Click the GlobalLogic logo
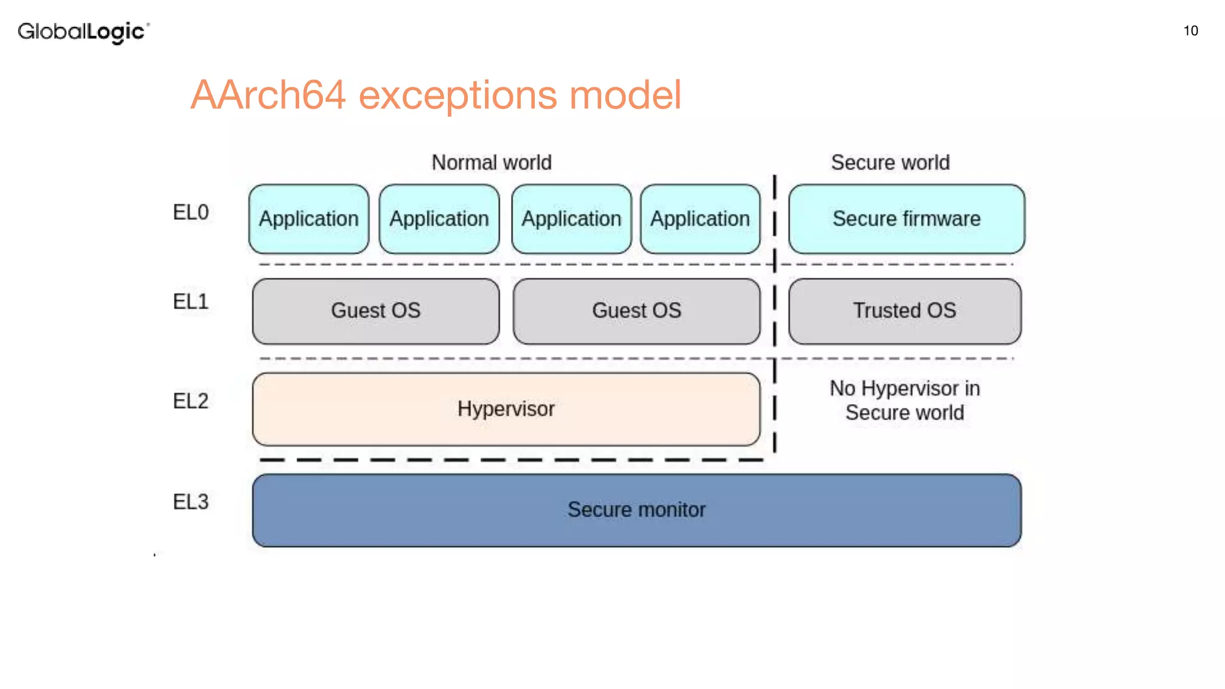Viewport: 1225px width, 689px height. pyautogui.click(x=83, y=32)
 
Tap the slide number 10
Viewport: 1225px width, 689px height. pyautogui.click(x=1190, y=31)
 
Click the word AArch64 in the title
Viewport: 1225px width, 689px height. pyautogui.click(x=268, y=95)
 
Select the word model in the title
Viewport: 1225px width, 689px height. pyautogui.click(x=624, y=95)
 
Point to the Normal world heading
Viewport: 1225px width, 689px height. pyautogui.click(x=491, y=163)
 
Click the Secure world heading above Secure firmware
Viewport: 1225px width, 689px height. pyautogui.click(x=889, y=163)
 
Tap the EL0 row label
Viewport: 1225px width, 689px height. pyautogui.click(x=191, y=212)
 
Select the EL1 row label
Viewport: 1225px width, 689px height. pyautogui.click(x=191, y=301)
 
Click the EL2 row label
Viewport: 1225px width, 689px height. pyautogui.click(x=191, y=401)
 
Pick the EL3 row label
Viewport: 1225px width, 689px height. pyautogui.click(x=191, y=502)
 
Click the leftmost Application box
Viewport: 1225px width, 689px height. pyautogui.click(x=309, y=219)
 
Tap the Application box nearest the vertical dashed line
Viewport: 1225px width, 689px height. pyautogui.click(x=700, y=219)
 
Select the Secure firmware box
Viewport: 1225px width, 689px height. pyautogui.click(x=906, y=219)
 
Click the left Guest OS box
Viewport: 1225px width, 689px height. pyautogui.click(x=376, y=311)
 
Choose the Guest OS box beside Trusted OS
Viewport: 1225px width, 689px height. pyautogui.click(x=636, y=311)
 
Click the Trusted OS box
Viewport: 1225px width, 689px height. pyautogui.click(x=904, y=311)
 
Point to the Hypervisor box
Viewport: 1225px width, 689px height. pyautogui.click(x=506, y=409)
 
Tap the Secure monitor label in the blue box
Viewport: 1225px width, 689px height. pyautogui.click(x=636, y=510)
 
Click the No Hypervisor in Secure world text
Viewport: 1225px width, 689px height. pyautogui.click(x=904, y=401)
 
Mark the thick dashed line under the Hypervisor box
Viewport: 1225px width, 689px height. pyautogui.click(x=511, y=460)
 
